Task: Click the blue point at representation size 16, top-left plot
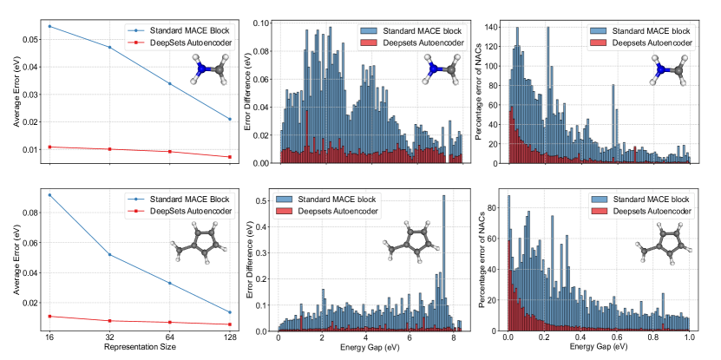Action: (x=49, y=26)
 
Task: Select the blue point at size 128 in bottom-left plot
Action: (x=229, y=312)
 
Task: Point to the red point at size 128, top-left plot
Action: (x=229, y=157)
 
